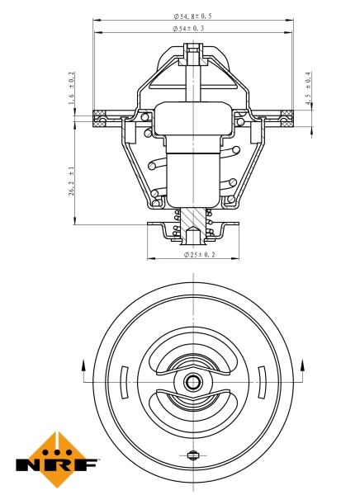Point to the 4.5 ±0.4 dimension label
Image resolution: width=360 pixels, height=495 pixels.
point(307,90)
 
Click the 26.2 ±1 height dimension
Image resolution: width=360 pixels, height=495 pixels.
point(72,181)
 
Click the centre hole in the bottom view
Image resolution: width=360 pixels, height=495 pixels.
point(193,382)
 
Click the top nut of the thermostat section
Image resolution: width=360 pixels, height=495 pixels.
point(193,57)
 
